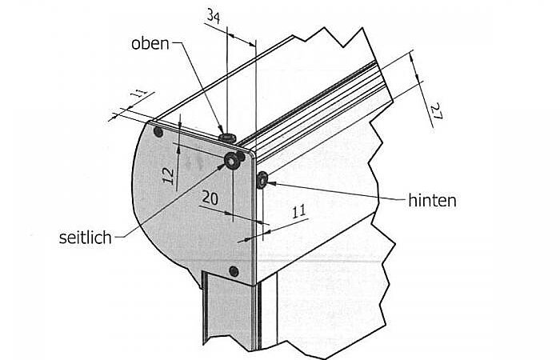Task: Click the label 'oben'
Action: (150, 43)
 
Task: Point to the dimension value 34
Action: (213, 16)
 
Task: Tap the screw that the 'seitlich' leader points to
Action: (232, 161)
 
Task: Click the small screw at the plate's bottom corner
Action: (234, 271)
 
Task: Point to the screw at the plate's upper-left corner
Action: (158, 130)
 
